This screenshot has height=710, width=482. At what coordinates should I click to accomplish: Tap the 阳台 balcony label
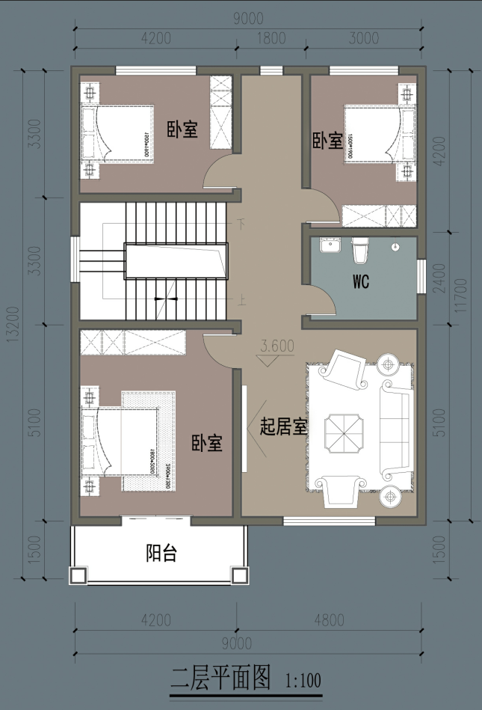point(161,554)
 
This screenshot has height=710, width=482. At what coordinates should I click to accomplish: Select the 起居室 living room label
point(283,427)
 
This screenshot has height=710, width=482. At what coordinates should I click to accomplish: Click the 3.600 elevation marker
point(276,346)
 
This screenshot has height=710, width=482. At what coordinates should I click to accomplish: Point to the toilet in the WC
point(360,250)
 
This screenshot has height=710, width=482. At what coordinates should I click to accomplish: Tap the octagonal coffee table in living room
point(344,433)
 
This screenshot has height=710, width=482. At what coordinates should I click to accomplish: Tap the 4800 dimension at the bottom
point(329,620)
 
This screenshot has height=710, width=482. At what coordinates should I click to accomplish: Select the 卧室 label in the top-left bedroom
point(182,129)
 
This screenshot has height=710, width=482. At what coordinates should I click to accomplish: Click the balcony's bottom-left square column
point(77,575)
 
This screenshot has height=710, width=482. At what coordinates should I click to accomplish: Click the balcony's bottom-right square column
point(239,575)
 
